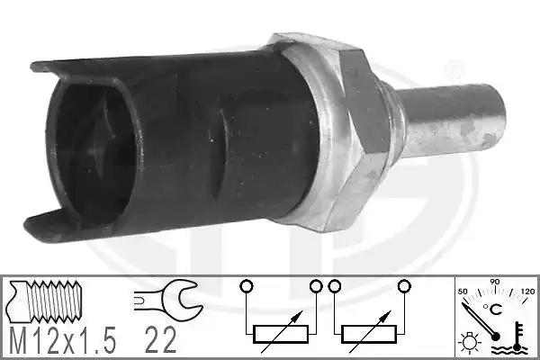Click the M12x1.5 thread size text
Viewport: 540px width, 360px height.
click(63, 340)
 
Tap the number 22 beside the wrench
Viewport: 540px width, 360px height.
click(160, 340)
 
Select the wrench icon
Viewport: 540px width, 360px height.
click(168, 296)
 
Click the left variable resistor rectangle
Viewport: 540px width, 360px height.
click(280, 334)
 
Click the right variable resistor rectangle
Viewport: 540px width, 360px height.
click(369, 334)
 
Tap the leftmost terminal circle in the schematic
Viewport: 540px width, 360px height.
click(247, 286)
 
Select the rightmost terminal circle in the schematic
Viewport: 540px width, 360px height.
click(404, 286)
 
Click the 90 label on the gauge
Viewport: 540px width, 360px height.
click(495, 282)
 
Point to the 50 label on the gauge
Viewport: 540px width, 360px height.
click(463, 292)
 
